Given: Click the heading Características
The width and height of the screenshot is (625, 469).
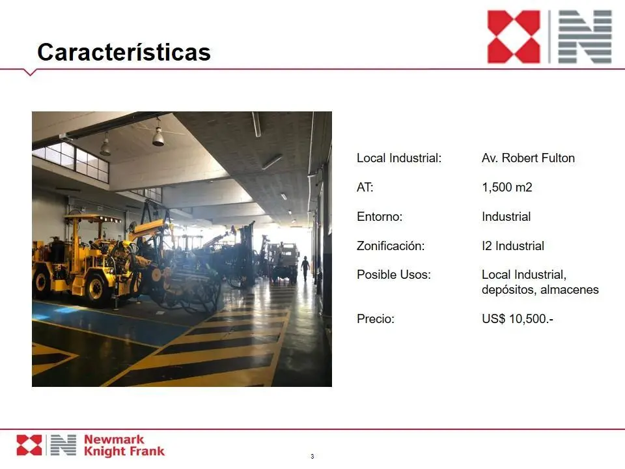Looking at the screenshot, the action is tap(124, 52).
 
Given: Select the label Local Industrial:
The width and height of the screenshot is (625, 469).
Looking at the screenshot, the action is tap(399, 158).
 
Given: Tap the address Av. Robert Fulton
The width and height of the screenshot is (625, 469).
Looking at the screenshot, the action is tap(528, 158).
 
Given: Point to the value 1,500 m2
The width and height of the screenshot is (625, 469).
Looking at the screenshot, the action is tap(507, 187).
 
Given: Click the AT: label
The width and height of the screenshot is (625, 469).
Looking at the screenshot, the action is tap(365, 187).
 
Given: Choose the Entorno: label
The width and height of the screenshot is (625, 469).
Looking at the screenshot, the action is tap(380, 216).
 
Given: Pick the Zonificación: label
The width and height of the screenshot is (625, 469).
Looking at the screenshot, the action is tap(391, 246).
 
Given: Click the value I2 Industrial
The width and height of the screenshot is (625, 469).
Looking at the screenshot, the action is tap(513, 246).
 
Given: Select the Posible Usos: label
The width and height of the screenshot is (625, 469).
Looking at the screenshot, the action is tap(394, 274).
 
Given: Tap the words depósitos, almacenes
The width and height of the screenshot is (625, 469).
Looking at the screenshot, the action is tap(540, 289).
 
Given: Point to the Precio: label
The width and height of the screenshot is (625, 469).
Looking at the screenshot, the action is tap(376, 319).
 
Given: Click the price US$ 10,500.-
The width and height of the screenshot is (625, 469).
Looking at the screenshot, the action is tap(518, 319).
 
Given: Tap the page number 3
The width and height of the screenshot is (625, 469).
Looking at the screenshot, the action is tap(312, 456).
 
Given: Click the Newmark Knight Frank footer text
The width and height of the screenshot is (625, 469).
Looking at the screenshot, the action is tap(124, 445).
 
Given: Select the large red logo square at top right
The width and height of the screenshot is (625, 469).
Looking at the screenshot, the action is tap(514, 36).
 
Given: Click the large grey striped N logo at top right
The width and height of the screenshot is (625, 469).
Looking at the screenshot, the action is tap(585, 36).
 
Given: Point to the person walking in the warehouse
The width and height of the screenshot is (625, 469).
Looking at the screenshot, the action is tap(305, 268).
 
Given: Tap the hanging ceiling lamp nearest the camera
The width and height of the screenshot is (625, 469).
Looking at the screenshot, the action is tap(158, 136).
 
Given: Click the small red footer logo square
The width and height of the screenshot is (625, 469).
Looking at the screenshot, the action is tap(29, 445).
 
